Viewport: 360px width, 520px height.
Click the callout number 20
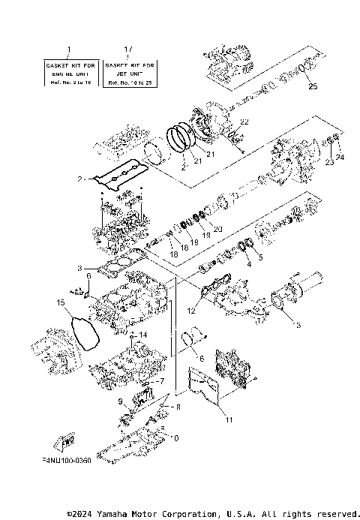217,228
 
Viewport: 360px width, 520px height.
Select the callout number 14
142,335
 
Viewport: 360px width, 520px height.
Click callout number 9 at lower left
121,402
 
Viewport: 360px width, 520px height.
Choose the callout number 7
159,381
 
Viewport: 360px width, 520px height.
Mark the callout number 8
178,407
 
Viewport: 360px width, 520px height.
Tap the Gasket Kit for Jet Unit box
130,72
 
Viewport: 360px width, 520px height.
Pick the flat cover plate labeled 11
202,390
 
